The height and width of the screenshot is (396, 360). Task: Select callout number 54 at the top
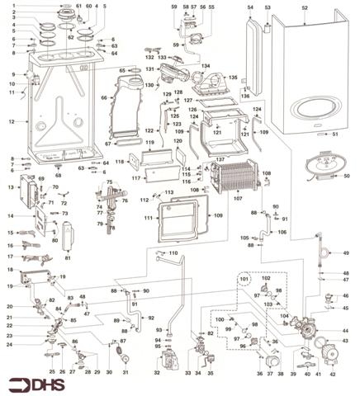[251, 7]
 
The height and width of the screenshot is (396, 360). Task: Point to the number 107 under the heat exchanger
[238, 199]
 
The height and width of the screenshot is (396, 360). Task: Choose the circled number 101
[244, 280]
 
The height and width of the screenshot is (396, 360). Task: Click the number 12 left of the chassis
[12, 121]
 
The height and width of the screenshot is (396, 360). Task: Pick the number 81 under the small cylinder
[67, 258]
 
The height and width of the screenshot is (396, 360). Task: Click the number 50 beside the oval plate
[346, 176]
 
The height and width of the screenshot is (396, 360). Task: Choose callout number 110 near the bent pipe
[173, 252]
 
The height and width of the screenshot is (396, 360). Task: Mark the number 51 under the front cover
[334, 133]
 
